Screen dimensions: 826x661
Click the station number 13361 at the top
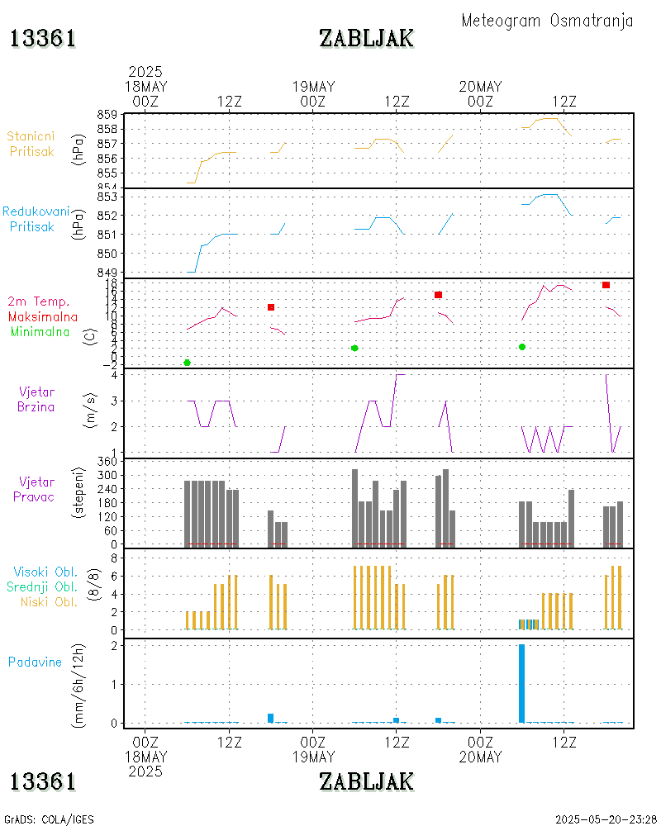point(43,39)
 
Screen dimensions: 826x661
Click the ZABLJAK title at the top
point(366,39)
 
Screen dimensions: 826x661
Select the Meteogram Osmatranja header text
point(547,21)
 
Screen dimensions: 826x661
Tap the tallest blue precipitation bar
point(521,683)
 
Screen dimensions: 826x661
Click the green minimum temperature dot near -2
point(187,363)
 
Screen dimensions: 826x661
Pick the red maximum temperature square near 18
point(606,285)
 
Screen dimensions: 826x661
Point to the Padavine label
point(36,662)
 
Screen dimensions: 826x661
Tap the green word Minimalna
point(40,331)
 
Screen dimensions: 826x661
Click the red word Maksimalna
point(42,316)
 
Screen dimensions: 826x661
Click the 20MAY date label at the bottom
point(480,757)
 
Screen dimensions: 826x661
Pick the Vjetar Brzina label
point(37,398)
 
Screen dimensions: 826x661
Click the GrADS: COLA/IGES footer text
point(49,819)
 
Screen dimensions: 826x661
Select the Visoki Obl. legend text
point(45,572)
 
